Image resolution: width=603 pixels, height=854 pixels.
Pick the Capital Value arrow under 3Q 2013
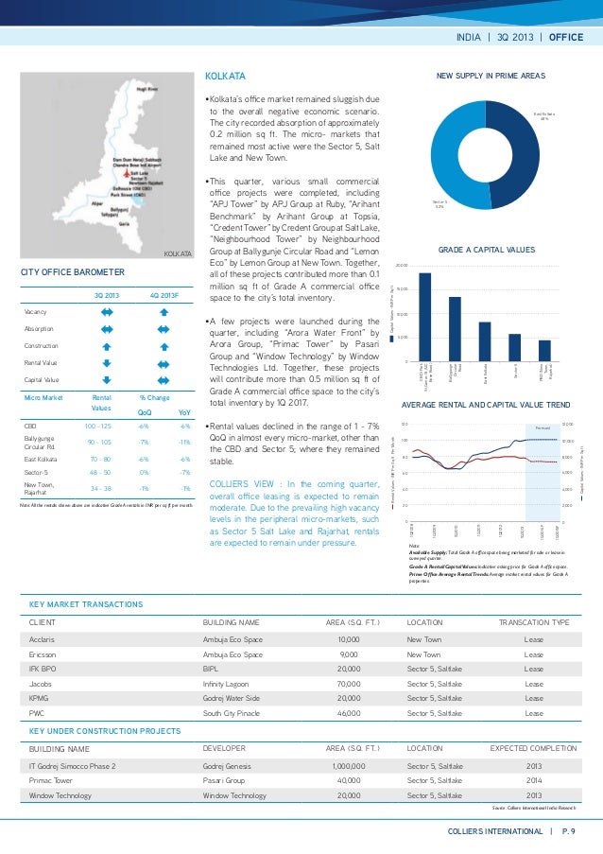(x=107, y=378)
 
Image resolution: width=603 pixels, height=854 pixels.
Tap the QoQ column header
(x=143, y=411)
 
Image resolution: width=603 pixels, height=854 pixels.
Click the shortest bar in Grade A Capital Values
(x=544, y=350)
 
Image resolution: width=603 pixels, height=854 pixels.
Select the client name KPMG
(x=41, y=698)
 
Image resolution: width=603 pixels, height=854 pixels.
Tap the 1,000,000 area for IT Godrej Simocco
(x=349, y=765)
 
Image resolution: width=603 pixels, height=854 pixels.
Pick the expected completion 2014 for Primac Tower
(x=533, y=780)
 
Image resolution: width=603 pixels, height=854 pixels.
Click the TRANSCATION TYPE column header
(x=533, y=624)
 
